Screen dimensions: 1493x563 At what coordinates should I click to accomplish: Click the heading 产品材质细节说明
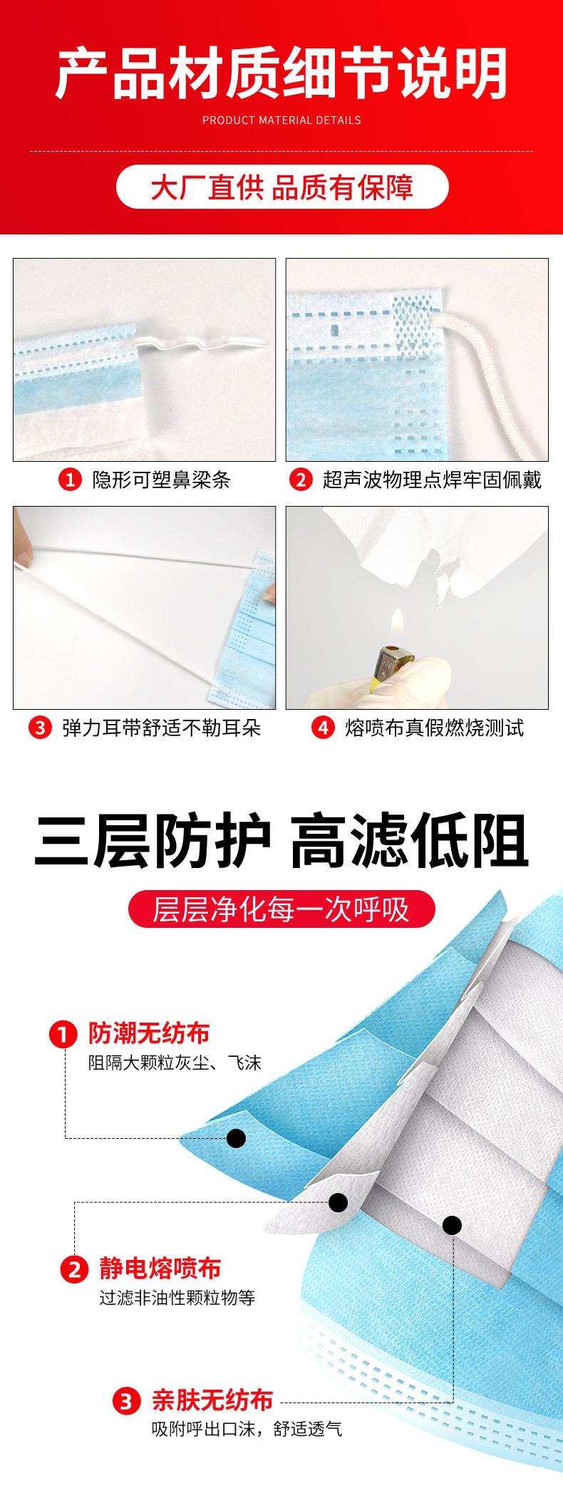(x=281, y=73)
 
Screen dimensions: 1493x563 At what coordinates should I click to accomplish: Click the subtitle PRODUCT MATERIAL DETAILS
(x=281, y=120)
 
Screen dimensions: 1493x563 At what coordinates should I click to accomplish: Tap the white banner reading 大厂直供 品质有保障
(x=281, y=188)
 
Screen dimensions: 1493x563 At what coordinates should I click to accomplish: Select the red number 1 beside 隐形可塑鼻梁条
(x=70, y=480)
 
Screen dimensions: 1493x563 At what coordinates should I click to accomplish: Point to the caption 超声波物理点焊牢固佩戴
(x=432, y=480)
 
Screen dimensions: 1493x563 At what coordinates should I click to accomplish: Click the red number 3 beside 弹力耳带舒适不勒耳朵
(x=40, y=728)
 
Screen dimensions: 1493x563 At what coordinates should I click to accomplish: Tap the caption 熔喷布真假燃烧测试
(x=434, y=728)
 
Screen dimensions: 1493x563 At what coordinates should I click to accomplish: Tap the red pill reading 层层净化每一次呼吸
(x=281, y=910)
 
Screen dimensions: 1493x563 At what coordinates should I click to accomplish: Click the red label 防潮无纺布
(x=148, y=1033)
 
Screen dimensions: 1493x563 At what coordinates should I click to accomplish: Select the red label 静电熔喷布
(x=160, y=1269)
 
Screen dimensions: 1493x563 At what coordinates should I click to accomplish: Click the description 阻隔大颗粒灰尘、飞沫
(x=175, y=1063)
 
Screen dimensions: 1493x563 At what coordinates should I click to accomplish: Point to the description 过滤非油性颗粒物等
(x=177, y=1298)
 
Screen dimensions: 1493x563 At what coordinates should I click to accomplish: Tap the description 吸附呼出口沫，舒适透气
(x=247, y=1428)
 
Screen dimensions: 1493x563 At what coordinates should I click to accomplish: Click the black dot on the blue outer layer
(x=236, y=1138)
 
